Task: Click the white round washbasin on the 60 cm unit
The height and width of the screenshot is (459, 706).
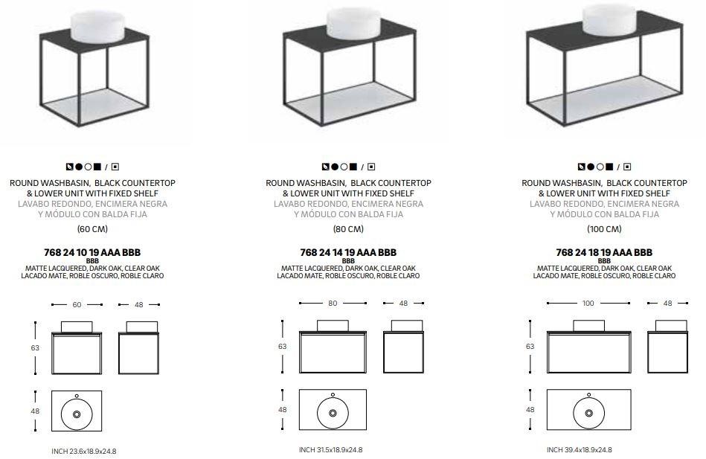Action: point(97,26)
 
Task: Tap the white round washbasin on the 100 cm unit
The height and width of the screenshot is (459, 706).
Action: point(609,20)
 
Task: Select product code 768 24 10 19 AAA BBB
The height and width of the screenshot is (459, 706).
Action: point(92,252)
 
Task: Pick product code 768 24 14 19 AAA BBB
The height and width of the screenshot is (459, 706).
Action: point(348,252)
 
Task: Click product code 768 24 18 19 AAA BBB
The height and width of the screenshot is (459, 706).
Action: point(604,252)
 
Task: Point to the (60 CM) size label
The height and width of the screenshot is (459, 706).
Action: point(92,229)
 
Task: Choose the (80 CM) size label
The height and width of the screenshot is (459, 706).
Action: point(348,229)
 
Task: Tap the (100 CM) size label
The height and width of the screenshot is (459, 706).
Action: point(604,229)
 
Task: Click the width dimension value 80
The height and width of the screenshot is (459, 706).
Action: point(333,303)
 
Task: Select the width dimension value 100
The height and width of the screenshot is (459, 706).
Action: point(588,303)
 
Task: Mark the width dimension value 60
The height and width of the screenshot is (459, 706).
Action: point(77,304)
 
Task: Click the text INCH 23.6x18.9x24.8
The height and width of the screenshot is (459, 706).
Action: point(84,451)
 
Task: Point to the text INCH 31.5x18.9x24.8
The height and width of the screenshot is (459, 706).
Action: point(330,449)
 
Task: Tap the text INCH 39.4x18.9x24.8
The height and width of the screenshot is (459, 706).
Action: point(579,449)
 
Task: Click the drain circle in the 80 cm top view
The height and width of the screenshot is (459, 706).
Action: point(333,413)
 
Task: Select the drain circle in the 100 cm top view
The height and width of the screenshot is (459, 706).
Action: point(589,413)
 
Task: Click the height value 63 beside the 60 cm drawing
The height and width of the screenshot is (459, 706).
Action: point(35,347)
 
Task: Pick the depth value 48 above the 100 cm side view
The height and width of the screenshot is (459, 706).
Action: point(668,303)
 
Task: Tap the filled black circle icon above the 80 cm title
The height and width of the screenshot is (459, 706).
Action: point(335,167)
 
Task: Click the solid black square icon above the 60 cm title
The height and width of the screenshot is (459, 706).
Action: point(97,167)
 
